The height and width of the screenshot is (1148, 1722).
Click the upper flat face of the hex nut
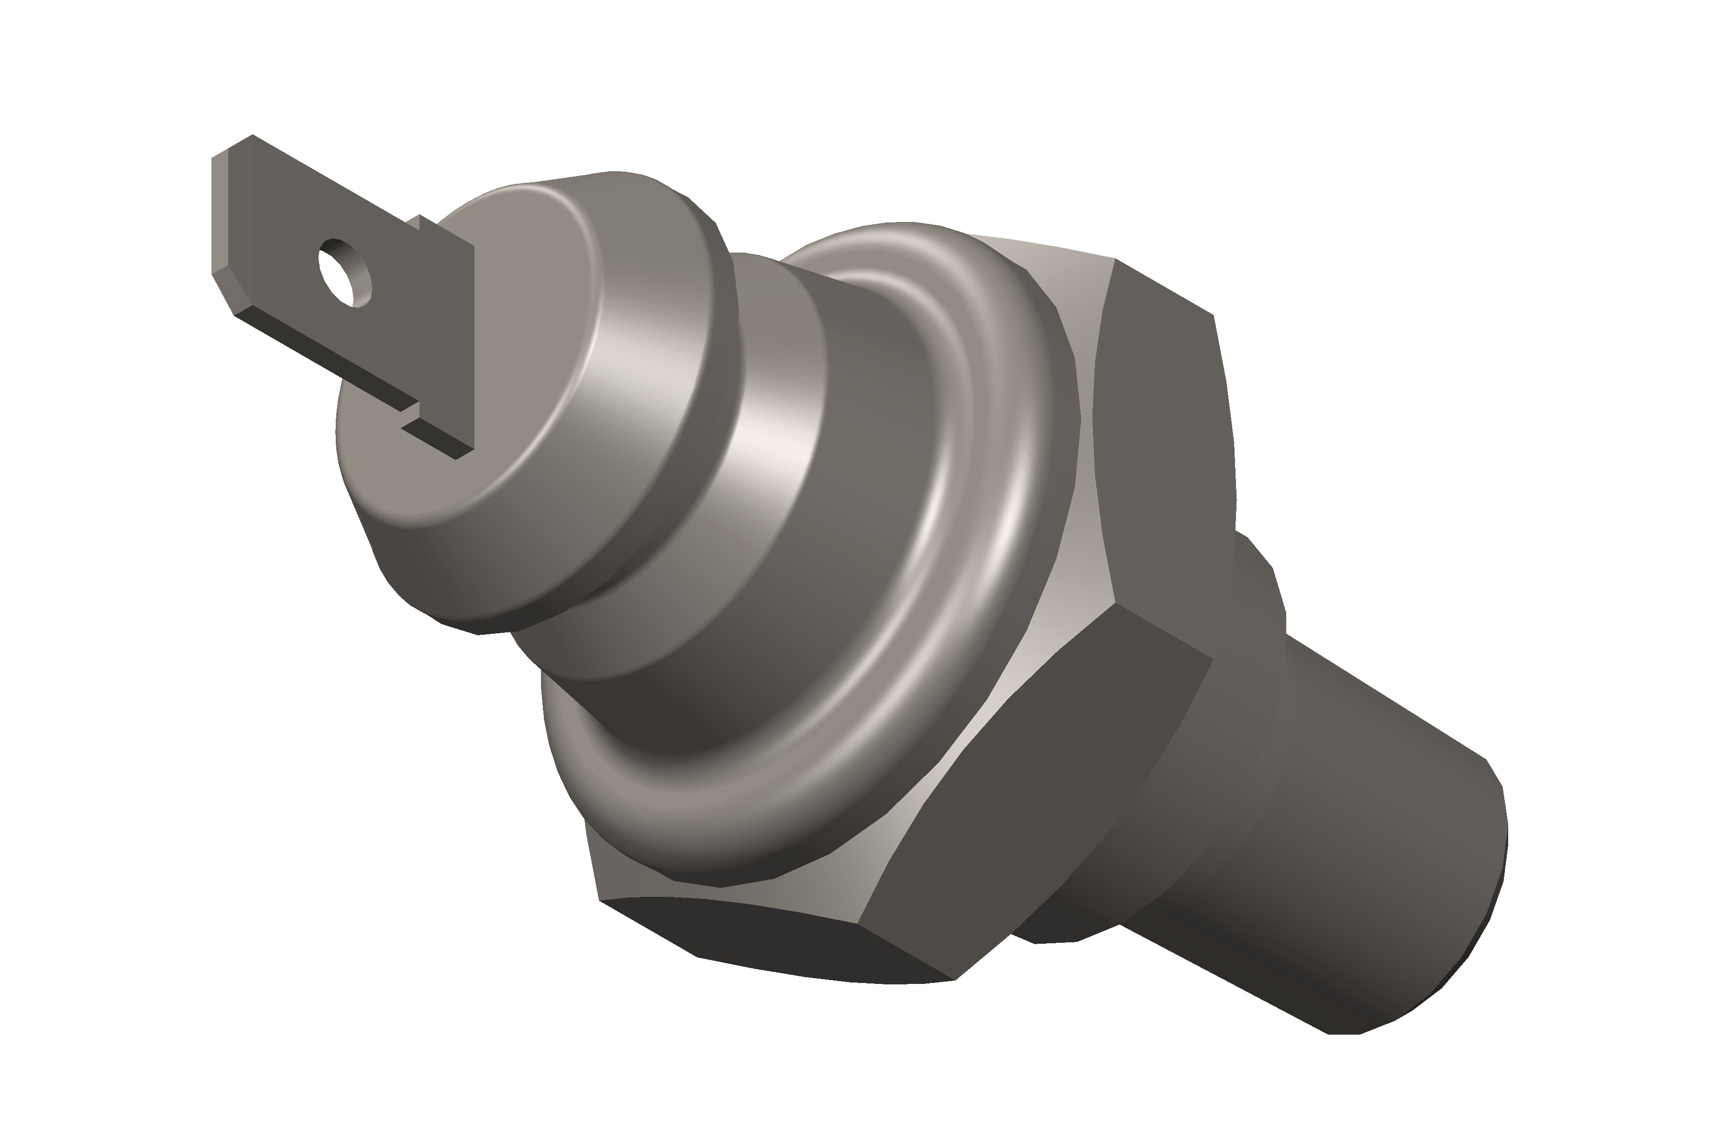1164,439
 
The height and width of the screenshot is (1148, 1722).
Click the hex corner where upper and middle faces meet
1115,604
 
